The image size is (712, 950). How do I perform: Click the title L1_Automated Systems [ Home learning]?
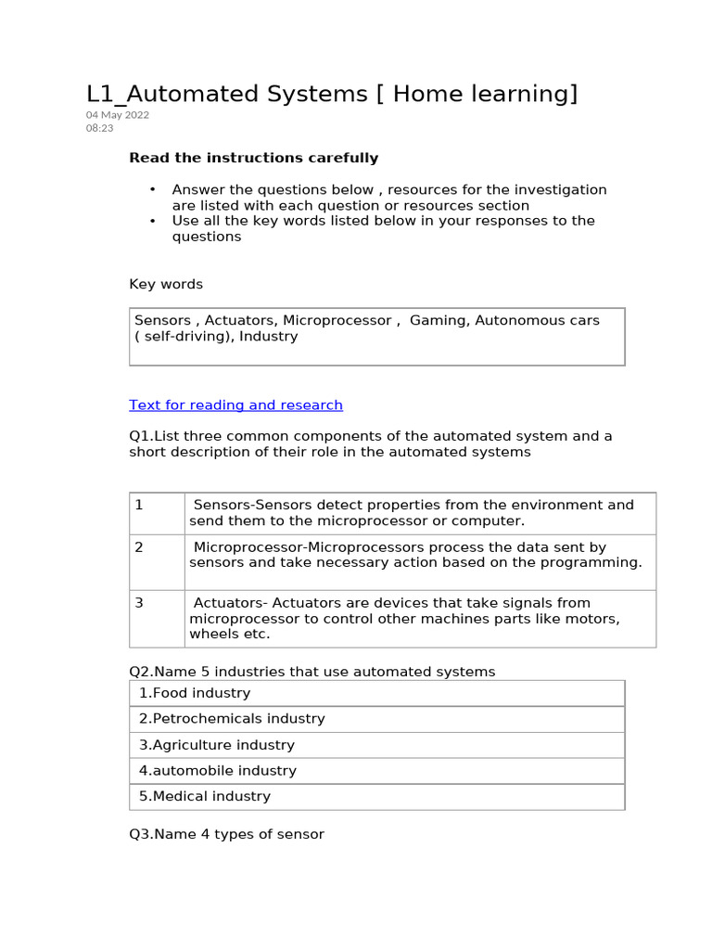pos(332,94)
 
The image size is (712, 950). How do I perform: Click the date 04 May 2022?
pos(118,115)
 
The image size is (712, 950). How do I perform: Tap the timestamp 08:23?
pos(100,128)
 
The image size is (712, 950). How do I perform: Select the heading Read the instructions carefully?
pos(253,158)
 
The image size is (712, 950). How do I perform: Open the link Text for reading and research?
pos(235,404)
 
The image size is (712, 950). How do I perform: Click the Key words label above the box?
pos(166,284)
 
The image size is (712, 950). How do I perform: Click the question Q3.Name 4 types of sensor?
pos(227,834)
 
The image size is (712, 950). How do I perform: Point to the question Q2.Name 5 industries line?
pos(312,671)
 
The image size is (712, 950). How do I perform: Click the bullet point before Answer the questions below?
pos(152,190)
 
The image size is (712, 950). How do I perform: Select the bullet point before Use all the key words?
pos(152,221)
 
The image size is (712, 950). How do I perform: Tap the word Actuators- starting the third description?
pos(226,603)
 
